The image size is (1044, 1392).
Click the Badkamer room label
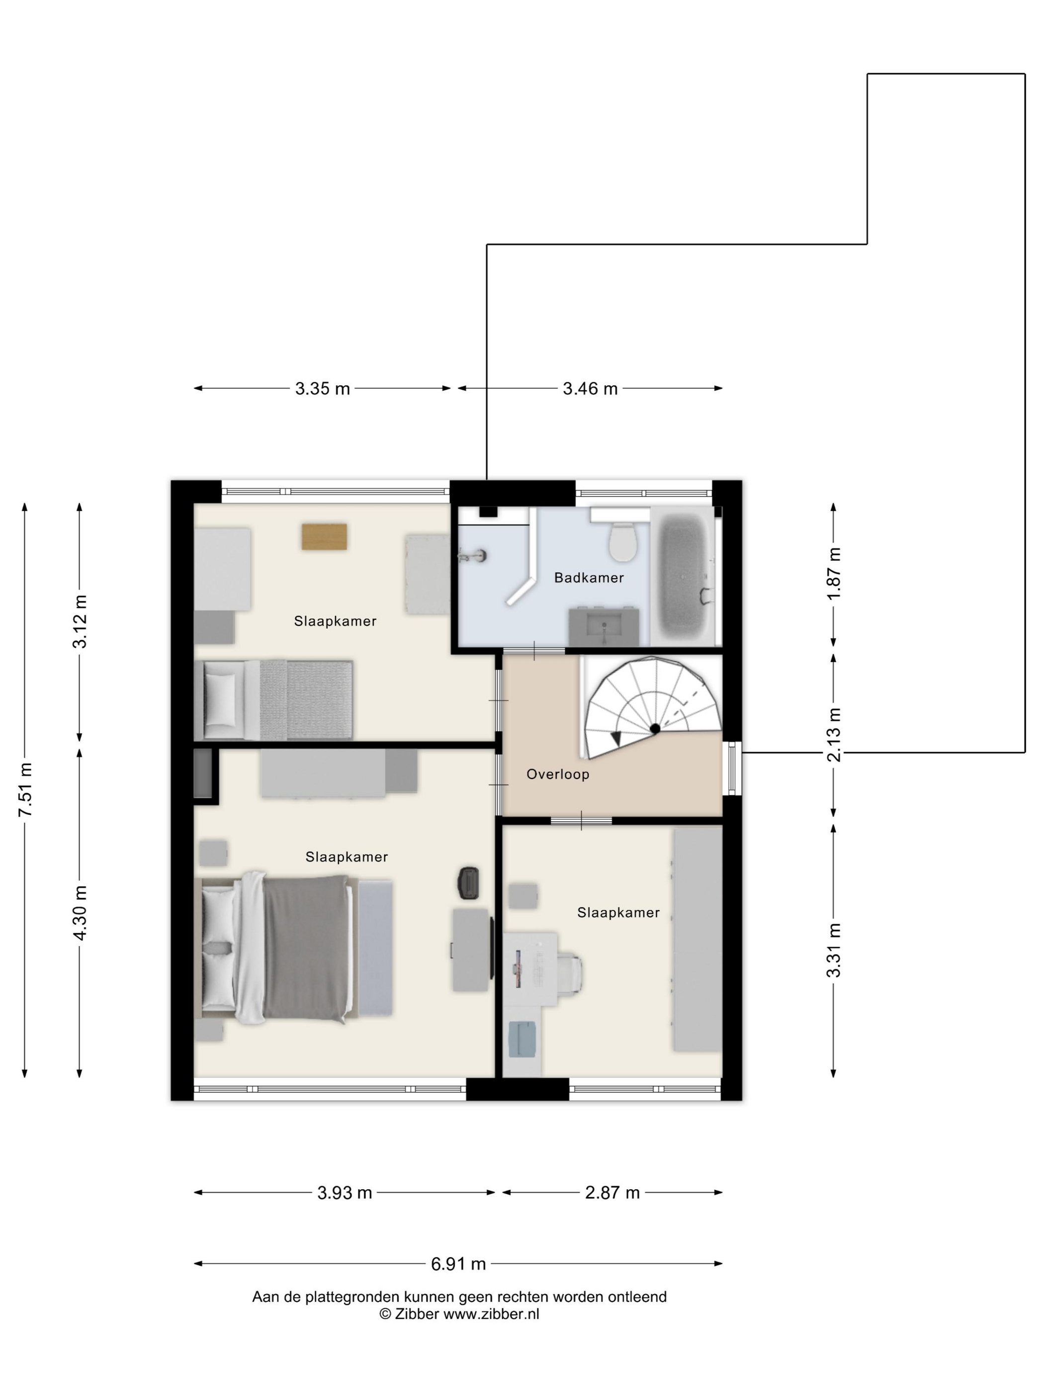point(589,578)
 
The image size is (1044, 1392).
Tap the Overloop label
point(558,774)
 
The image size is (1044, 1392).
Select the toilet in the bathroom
point(623,540)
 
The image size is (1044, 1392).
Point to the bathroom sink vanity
point(604,626)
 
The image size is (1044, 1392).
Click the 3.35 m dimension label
point(322,388)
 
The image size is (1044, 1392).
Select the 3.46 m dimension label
point(590,388)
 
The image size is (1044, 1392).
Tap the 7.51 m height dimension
point(25,790)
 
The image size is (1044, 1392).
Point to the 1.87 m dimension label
point(834,573)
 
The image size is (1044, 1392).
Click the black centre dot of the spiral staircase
point(654,728)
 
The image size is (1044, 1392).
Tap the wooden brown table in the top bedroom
point(324,536)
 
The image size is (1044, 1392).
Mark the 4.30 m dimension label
point(80,912)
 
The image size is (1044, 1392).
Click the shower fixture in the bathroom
point(473,555)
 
